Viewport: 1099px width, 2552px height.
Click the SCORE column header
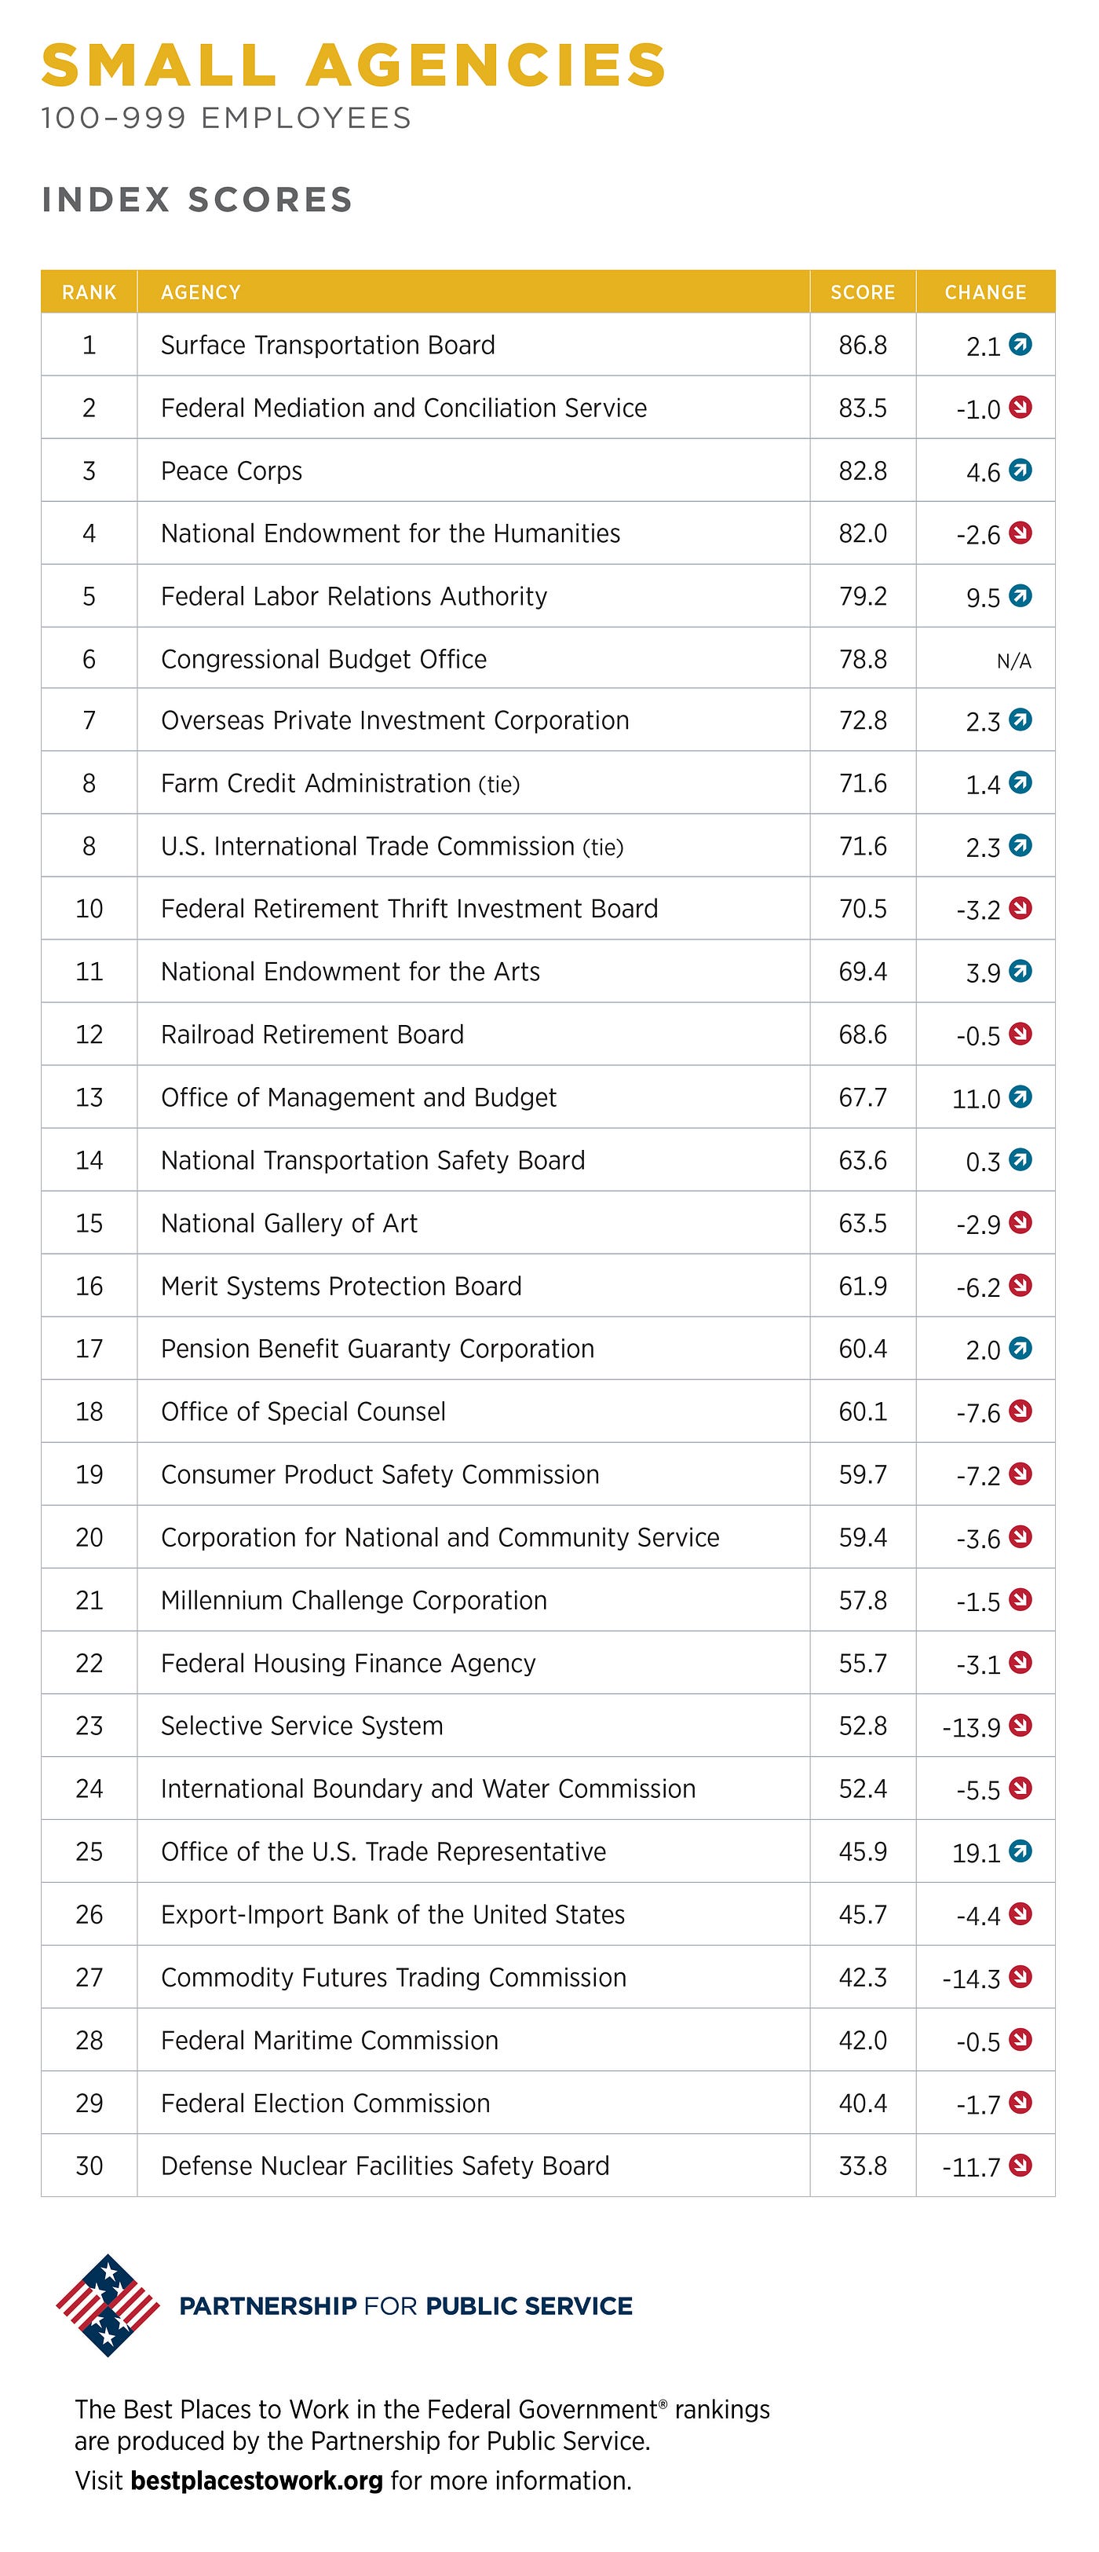[863, 292]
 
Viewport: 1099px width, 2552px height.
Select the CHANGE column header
[985, 292]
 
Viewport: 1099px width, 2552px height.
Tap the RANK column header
[89, 292]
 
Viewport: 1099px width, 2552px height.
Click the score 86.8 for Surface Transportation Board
[863, 345]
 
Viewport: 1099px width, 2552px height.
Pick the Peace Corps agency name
[232, 471]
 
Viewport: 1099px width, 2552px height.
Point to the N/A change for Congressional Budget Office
[1014, 661]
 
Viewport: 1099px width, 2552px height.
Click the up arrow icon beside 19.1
[1020, 1850]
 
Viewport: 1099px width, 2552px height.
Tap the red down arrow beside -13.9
[1020, 1725]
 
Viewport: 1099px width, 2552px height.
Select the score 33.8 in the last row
[863, 2166]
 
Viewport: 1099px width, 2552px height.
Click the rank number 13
[89, 1097]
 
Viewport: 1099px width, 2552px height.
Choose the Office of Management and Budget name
[359, 1097]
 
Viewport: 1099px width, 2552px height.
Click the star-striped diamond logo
[108, 2305]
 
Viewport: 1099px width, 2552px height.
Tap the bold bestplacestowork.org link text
[257, 2481]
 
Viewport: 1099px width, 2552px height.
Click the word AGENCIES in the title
[485, 65]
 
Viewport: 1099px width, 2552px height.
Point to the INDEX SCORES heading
[197, 200]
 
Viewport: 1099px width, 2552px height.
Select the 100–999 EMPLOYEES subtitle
[226, 118]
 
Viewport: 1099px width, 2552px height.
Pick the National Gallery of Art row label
[289, 1224]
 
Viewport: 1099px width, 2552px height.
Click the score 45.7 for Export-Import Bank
[863, 1914]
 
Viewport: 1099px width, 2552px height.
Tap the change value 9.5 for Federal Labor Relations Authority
[983, 598]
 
